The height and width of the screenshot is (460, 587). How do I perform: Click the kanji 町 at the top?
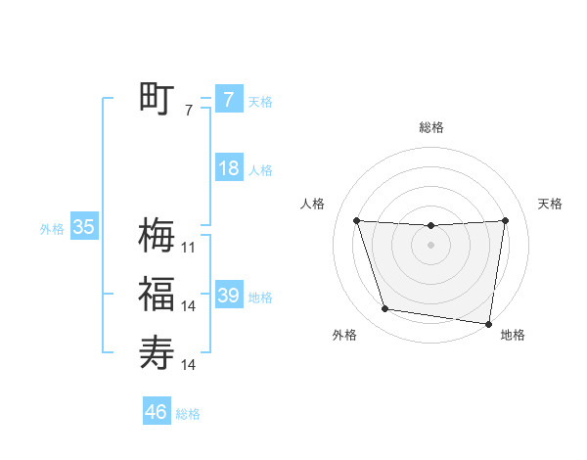157,98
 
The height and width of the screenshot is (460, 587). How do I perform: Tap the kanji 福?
157,294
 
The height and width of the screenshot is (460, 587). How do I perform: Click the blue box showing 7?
228,99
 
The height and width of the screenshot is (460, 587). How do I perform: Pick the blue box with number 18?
228,168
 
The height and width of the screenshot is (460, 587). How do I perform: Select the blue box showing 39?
228,296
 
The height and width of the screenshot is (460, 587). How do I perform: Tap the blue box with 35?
83,228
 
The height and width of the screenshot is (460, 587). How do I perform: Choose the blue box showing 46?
156,412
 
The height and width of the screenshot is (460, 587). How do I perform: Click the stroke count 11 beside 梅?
189,248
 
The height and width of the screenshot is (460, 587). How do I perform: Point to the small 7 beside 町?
189,111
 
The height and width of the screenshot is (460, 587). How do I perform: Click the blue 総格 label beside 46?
188,414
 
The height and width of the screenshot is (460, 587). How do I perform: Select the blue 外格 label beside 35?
52,229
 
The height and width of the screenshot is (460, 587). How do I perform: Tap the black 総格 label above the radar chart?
430,127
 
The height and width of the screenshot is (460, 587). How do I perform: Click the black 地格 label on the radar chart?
513,336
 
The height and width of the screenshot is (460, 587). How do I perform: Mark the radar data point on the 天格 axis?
505,220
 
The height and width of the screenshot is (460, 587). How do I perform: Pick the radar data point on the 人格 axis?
356,220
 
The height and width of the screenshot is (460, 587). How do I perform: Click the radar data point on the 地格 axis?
489,323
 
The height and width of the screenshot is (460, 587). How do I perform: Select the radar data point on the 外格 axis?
385,309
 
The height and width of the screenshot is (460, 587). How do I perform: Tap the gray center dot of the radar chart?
430,245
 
